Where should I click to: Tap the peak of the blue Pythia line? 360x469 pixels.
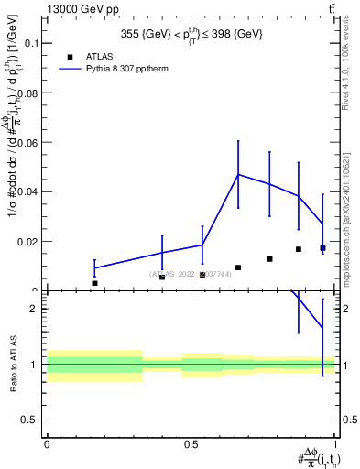click(x=238, y=174)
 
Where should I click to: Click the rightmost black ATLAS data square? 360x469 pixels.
click(x=322, y=248)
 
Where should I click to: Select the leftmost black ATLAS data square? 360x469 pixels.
click(x=94, y=283)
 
